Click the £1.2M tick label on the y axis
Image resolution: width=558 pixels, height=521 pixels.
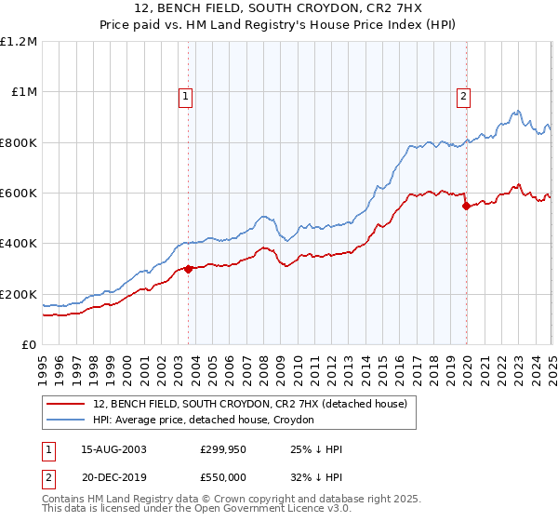pyautogui.click(x=19, y=42)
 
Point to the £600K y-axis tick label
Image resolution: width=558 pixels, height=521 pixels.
pyautogui.click(x=19, y=194)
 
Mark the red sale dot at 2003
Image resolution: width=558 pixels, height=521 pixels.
pyautogui.click(x=189, y=269)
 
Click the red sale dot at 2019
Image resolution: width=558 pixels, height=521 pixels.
pyautogui.click(x=467, y=206)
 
